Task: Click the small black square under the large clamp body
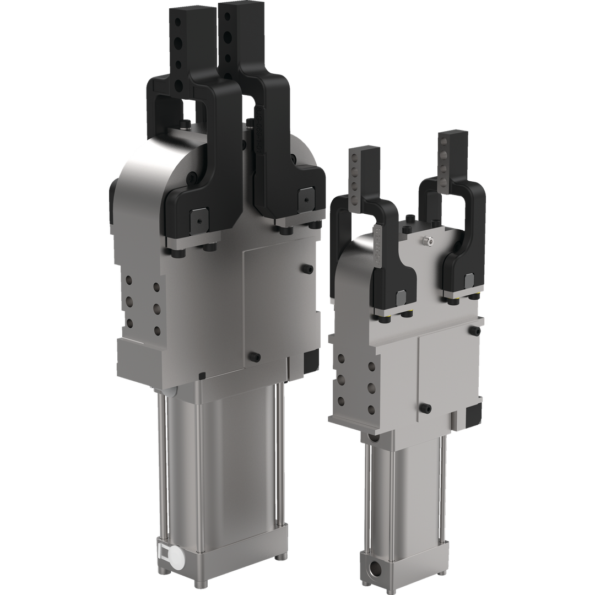(202, 376)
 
